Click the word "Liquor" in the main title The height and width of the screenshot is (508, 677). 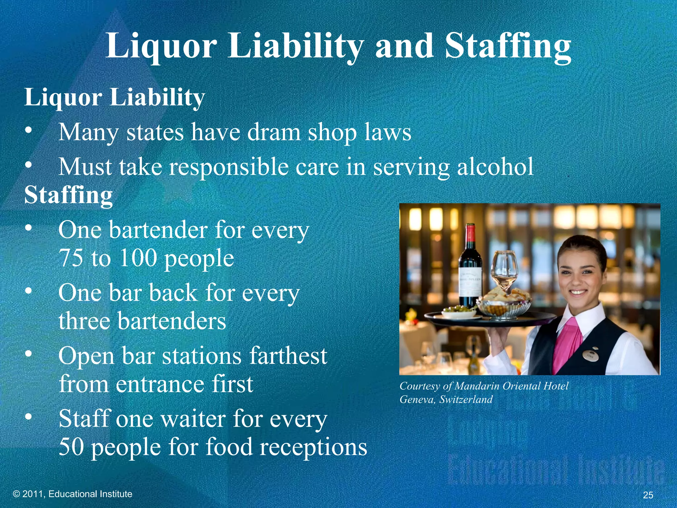[161, 46]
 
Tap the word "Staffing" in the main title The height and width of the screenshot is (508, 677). [508, 46]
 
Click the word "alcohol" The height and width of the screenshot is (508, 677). [495, 166]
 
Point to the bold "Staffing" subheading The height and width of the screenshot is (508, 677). [69, 195]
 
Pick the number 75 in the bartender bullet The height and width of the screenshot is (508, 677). [71, 258]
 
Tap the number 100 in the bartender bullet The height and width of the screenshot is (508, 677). [138, 258]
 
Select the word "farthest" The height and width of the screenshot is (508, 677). [288, 356]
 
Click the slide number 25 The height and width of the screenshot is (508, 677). [648, 495]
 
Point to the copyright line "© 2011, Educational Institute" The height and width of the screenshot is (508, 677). [72, 494]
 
